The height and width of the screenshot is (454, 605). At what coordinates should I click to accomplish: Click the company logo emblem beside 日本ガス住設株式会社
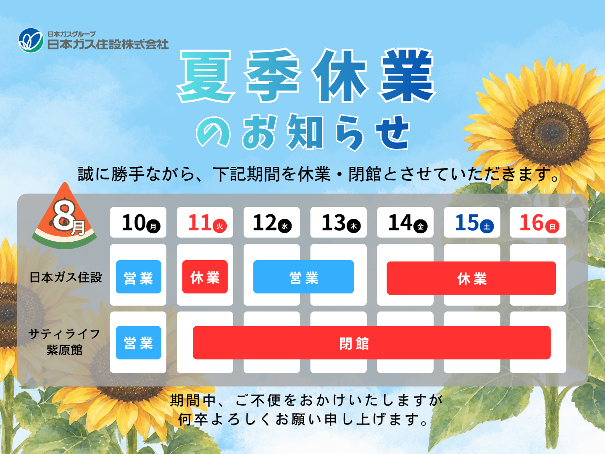coord(31,40)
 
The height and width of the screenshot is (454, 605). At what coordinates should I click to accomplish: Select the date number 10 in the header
coord(134,222)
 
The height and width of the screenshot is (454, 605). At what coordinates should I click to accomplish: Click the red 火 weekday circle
coord(220,226)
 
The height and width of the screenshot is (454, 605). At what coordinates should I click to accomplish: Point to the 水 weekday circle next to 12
coord(285,226)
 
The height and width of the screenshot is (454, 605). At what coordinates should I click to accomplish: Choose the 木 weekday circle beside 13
coord(354,226)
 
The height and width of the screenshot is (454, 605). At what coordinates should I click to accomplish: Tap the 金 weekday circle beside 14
coord(420,226)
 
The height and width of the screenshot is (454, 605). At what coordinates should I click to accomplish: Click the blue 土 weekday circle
coord(487,226)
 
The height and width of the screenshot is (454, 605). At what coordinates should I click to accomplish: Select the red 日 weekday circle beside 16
coord(552,226)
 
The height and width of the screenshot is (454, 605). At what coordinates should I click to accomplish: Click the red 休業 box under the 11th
coord(205,277)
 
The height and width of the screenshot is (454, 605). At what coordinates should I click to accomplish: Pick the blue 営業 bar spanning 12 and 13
coord(303,277)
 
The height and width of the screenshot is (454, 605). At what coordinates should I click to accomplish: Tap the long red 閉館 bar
coord(371,343)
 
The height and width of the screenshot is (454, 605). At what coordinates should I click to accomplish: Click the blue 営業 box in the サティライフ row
coord(138,343)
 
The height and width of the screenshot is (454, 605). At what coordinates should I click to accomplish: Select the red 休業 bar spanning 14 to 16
coord(471,278)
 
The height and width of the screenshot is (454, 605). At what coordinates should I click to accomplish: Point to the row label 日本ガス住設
coord(66,277)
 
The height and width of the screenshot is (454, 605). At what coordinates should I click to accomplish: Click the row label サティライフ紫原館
coord(64,342)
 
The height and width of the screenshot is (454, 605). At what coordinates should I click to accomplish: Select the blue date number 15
coord(467,222)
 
